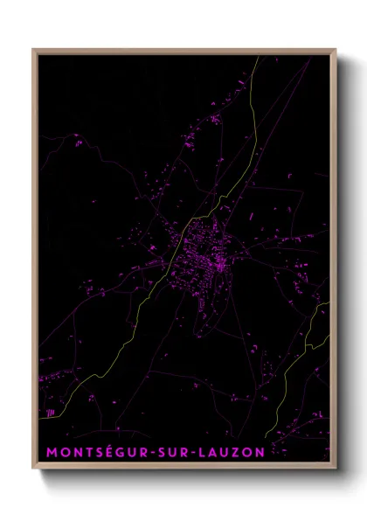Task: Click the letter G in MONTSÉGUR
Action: tap(123, 452)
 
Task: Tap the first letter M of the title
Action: tap(50, 452)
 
